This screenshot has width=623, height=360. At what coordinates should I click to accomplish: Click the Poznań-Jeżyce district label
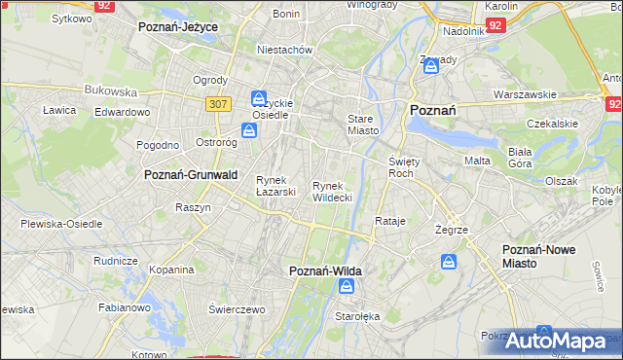point(177,27)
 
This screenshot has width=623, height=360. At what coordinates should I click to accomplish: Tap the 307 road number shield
point(216,102)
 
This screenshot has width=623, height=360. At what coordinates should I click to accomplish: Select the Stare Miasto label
point(362,124)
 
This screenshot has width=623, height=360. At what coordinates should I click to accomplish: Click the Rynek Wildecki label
point(332,191)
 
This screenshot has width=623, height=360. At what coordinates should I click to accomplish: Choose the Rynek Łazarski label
point(275,185)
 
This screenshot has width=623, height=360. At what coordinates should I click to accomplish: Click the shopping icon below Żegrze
point(449,262)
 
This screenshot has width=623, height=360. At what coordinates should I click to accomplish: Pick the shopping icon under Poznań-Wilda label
point(347,286)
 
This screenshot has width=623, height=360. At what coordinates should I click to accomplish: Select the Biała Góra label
point(521,158)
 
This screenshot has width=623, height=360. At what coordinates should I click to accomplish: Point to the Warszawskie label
point(524,94)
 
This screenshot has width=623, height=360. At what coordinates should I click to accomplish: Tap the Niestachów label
point(283,49)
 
